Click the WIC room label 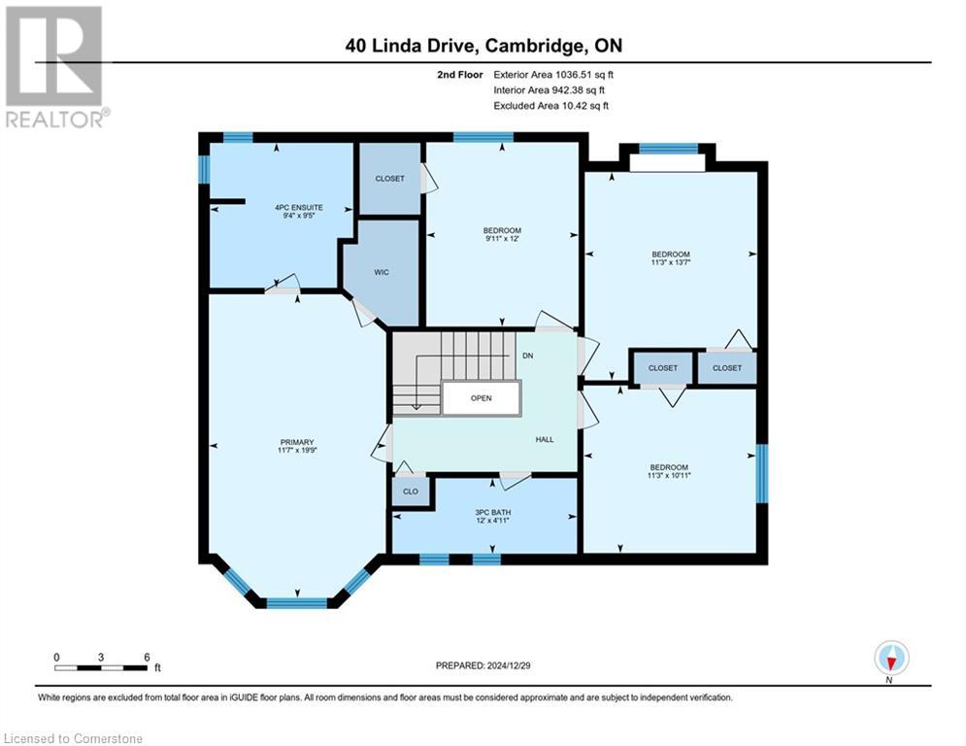pos(382,272)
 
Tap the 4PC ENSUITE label pos(299,207)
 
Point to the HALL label pos(545,439)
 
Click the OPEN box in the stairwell pos(482,398)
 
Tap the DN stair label pos(527,356)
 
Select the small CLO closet pos(411,492)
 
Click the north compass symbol pos(890,658)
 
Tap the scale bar pos(102,667)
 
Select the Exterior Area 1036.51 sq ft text pos(553,74)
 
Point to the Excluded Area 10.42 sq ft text pos(550,105)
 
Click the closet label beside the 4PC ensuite pos(389,179)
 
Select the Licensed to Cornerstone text pos(74,738)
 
